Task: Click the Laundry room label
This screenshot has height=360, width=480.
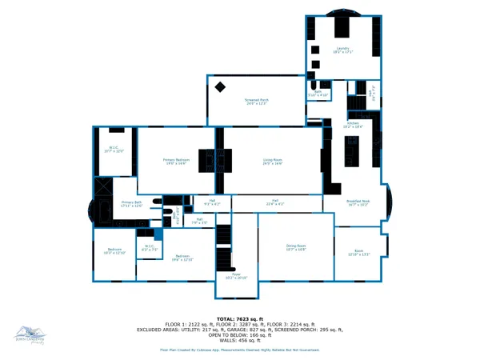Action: [343, 50]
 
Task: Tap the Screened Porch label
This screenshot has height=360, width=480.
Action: [256, 102]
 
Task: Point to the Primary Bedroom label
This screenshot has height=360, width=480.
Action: [175, 162]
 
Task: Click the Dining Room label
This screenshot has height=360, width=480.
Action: [296, 248]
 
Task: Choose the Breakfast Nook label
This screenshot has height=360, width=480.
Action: [356, 203]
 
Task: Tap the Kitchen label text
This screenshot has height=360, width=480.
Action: [353, 126]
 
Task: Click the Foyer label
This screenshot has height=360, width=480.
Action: [237, 276]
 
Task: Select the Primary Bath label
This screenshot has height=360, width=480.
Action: [131, 205]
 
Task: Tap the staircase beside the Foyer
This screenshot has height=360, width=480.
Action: [225, 248]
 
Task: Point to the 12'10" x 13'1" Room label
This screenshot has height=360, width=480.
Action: [359, 254]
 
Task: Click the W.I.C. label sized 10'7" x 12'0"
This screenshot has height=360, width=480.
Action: [114, 149]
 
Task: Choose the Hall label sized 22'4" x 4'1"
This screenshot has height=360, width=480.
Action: [274, 203]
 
